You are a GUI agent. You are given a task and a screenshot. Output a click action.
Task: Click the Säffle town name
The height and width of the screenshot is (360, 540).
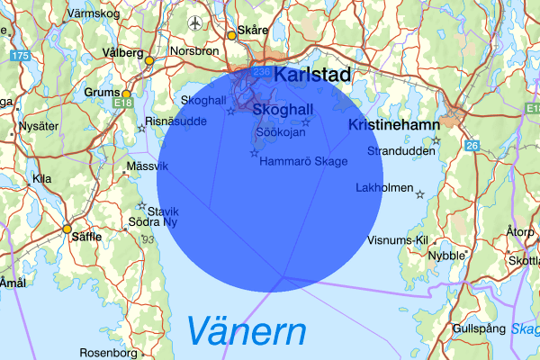click(94, 237)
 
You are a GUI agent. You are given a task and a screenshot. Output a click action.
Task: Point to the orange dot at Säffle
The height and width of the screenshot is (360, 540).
click(67, 229)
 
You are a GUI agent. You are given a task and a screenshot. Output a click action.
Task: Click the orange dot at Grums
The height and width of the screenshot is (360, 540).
click(127, 94)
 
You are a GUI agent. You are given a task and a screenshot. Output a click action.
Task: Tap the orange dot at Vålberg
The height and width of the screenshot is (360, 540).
click(149, 61)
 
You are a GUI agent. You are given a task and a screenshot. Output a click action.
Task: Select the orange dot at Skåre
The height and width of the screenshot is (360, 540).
click(231, 35)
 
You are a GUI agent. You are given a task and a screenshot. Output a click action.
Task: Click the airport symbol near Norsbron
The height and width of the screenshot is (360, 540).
click(196, 22)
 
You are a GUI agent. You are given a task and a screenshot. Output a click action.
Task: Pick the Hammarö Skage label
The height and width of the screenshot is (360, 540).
click(303, 161)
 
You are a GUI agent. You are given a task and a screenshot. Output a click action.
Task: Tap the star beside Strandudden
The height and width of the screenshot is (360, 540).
click(436, 140)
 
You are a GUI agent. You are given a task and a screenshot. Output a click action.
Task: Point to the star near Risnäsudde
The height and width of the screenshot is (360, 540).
click(141, 129)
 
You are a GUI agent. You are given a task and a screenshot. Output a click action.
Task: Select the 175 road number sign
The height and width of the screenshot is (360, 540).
click(21, 56)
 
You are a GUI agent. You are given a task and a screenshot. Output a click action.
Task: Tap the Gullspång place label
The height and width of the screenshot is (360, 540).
click(479, 328)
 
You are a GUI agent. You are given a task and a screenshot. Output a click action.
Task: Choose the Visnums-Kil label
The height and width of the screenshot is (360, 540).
click(399, 240)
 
